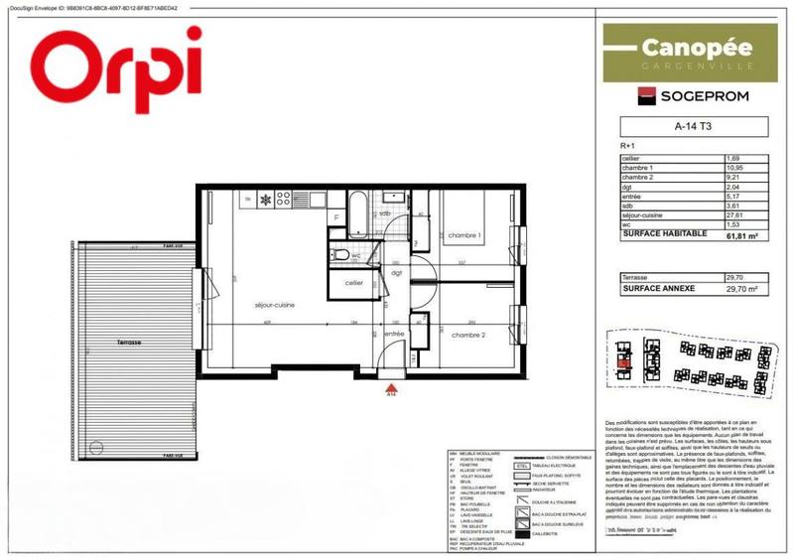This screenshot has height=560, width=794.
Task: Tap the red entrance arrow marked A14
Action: coord(392,389)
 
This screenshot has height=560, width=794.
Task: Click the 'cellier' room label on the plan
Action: coord(353,283)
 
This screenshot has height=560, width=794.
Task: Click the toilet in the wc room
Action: coord(341,255)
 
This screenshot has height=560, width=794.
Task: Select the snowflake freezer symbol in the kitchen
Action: coord(265,200)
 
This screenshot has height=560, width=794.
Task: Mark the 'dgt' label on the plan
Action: coord(395,271)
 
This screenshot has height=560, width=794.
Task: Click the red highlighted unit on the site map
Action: coord(623,362)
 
